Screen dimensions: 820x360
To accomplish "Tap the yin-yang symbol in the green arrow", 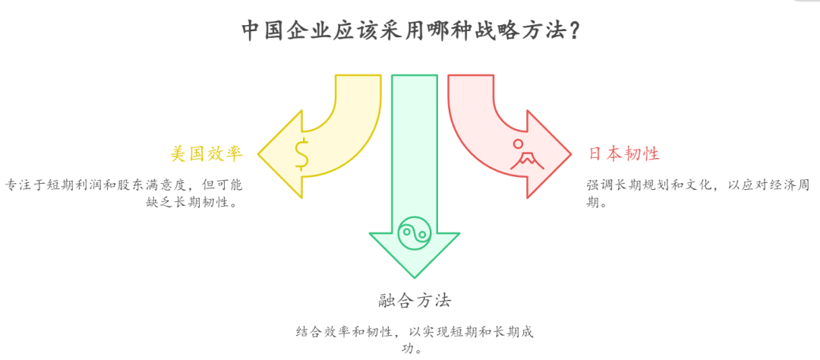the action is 414,229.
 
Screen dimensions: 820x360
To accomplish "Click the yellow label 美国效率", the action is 207,153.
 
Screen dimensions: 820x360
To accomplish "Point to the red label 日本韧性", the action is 624,153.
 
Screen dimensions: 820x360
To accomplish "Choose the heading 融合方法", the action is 415,300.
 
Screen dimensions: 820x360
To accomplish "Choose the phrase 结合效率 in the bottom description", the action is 324,332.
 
